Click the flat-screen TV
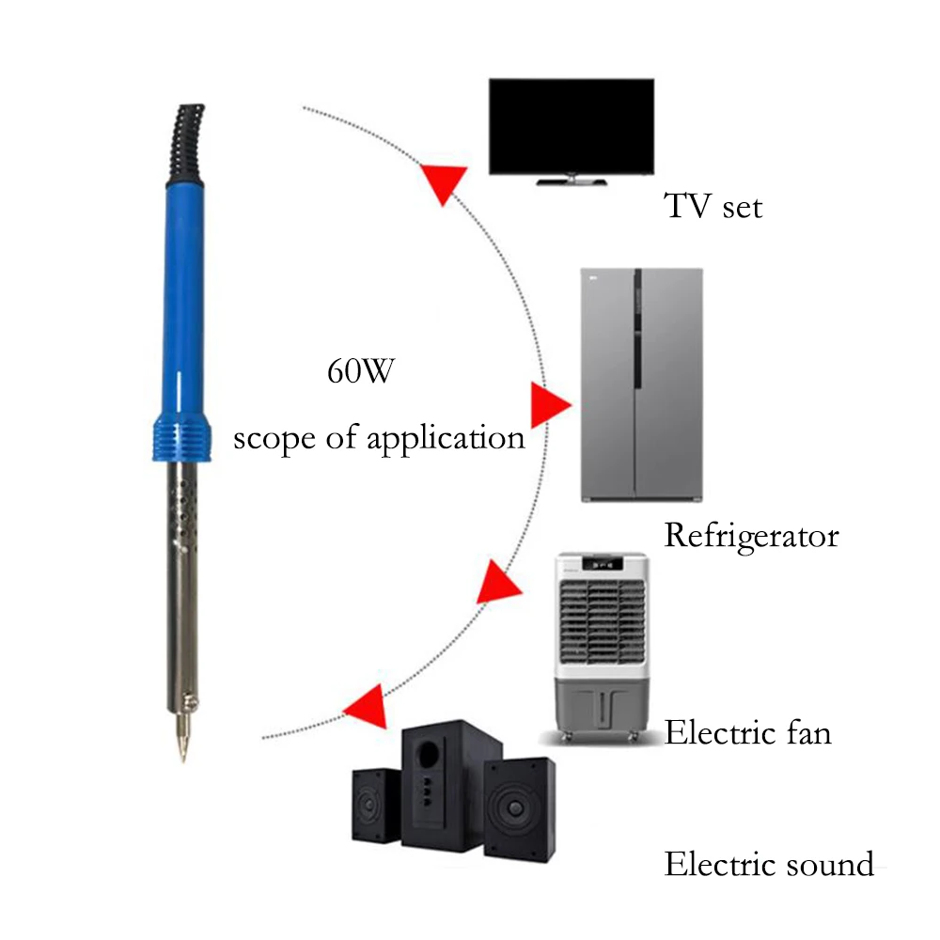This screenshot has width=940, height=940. (572, 125)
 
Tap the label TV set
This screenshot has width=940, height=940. (713, 206)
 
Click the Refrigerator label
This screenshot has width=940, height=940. (751, 537)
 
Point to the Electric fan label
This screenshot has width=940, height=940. (748, 732)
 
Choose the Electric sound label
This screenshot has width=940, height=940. (769, 864)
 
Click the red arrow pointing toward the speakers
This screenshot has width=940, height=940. (367, 710)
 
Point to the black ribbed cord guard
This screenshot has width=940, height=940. (183, 141)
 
